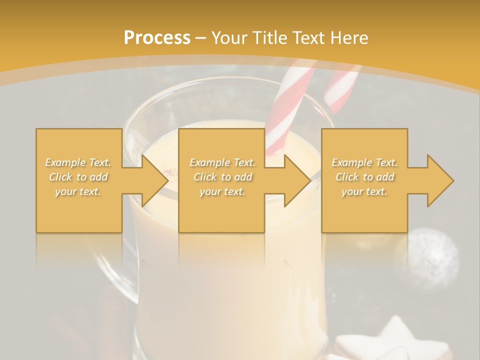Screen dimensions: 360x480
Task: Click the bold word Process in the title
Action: tap(157, 38)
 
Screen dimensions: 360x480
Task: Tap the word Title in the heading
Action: tap(270, 38)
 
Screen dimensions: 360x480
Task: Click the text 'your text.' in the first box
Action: tap(78, 191)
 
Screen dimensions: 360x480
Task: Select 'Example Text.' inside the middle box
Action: tap(222, 162)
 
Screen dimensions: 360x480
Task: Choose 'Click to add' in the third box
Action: tap(364, 177)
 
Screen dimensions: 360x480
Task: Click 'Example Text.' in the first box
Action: tap(78, 162)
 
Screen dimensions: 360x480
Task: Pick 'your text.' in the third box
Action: tap(364, 191)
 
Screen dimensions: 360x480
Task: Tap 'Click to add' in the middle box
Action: tap(222, 177)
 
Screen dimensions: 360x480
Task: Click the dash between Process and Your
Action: tap(201, 38)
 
